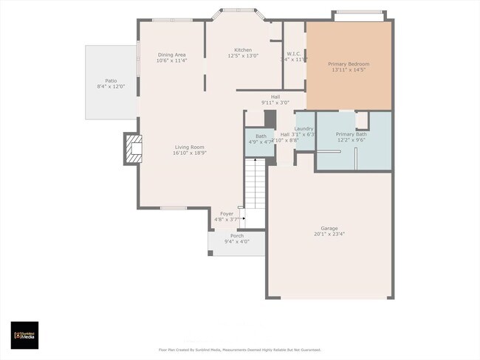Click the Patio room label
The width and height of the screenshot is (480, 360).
pos(111,80)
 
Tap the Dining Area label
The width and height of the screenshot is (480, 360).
pos(171,55)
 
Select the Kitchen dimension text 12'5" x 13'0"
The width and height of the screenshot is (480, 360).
pos(243,56)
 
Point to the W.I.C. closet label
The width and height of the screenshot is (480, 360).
pos(292,54)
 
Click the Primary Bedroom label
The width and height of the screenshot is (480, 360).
pos(349,64)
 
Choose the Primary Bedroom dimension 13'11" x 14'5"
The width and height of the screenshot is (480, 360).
pos(349,70)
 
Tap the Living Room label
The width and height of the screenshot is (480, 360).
pos(189,147)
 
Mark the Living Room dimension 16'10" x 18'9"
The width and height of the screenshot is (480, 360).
pos(189,153)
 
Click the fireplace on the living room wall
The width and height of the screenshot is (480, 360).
pos(132,150)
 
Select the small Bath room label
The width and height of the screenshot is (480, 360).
pos(261,136)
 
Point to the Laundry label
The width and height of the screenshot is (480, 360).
pos(304,128)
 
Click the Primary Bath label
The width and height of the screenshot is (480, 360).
pos(351,134)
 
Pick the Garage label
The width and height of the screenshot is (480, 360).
pos(329,228)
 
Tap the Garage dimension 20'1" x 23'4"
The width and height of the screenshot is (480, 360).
pos(329,235)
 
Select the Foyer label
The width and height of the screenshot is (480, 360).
pos(227,213)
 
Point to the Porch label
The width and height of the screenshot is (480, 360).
pos(236,235)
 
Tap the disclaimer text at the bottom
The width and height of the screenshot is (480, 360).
pos(240,350)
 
